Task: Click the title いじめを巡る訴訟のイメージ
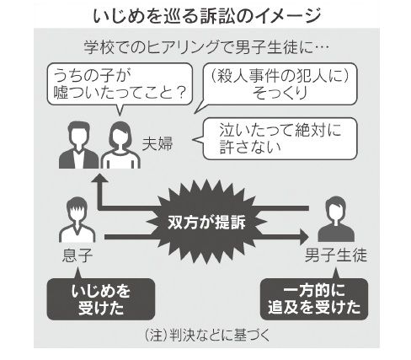coord(207,16)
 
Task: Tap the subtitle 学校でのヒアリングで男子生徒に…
coord(206,47)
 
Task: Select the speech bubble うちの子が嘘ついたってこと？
coord(120,84)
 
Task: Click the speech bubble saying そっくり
coord(276,84)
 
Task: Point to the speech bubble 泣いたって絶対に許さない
coord(276,139)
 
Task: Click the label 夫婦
coord(157,143)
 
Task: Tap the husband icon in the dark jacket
coord(78,145)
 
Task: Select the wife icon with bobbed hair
coord(120,145)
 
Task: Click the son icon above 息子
coord(77,219)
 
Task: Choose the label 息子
coord(77,255)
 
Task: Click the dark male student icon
coord(336,219)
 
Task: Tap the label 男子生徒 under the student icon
coord(336,255)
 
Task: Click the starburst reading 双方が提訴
coord(206,222)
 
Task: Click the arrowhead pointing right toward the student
coord(303,237)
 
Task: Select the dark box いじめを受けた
coord(101,299)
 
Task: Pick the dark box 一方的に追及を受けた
coord(314,299)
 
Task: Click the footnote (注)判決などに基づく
coord(207,335)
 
